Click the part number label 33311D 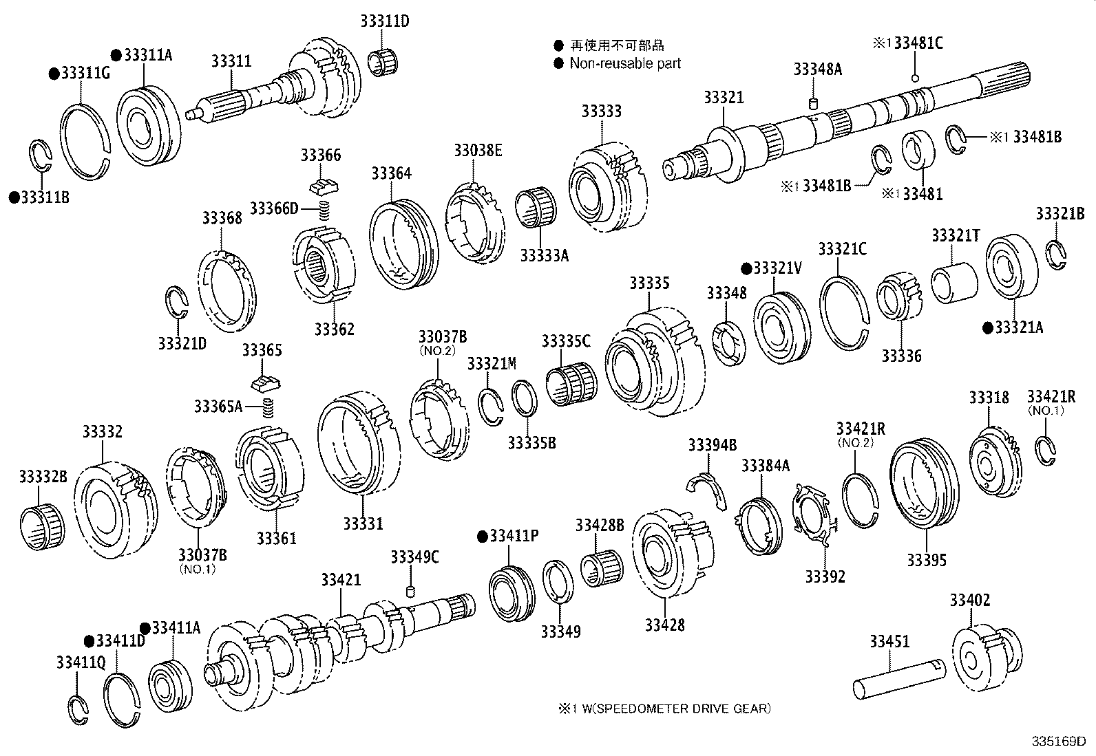384,21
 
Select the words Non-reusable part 625,64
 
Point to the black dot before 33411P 482,536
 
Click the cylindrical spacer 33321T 954,281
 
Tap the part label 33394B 712,446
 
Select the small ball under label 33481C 915,78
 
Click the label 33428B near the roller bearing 599,526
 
